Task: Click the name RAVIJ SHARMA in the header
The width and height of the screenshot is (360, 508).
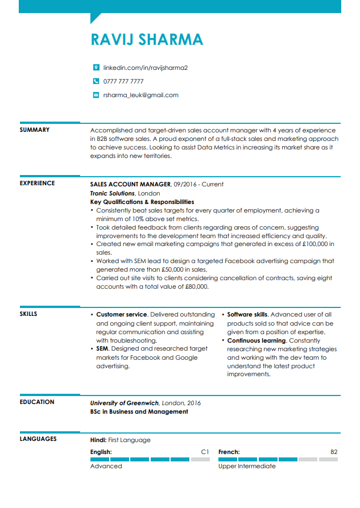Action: click(x=147, y=39)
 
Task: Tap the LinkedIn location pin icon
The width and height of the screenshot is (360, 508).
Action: click(x=96, y=68)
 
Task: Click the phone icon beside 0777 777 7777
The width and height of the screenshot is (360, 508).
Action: click(x=96, y=81)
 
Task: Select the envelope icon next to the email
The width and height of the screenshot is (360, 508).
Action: click(x=96, y=95)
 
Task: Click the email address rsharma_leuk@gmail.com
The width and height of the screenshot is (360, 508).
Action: click(x=140, y=95)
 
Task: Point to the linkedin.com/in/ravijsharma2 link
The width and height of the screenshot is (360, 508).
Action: click(x=145, y=68)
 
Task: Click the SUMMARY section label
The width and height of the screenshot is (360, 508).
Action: click(x=35, y=130)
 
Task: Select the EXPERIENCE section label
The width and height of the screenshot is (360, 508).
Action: click(x=38, y=184)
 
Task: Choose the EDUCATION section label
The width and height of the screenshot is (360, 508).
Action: click(x=37, y=402)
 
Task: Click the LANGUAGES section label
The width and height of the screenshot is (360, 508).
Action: click(x=38, y=439)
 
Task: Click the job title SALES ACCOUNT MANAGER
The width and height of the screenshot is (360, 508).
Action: click(x=130, y=185)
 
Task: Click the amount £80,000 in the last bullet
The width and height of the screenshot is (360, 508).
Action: click(x=197, y=287)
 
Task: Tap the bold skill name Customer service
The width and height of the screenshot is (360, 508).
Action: click(x=122, y=314)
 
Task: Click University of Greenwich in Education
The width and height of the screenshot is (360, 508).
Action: click(x=125, y=403)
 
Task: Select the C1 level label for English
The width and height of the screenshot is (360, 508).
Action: click(x=205, y=452)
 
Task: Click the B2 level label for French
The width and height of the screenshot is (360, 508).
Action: click(x=334, y=452)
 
